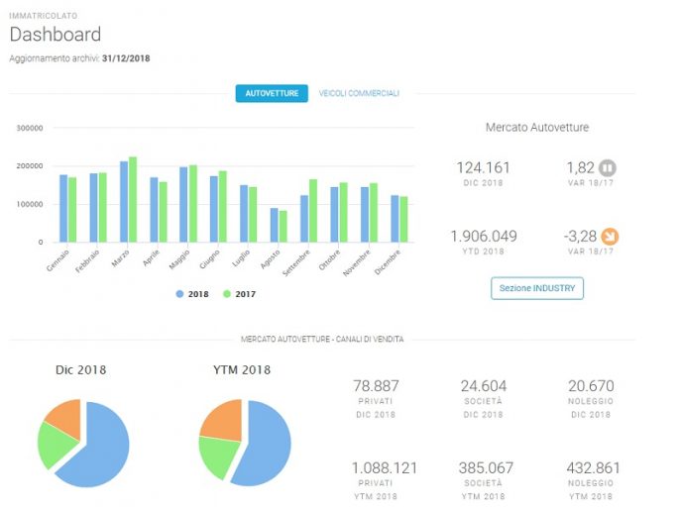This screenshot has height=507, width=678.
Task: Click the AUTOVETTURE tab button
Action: (x=272, y=93)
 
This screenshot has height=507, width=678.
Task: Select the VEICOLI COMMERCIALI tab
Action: (x=359, y=93)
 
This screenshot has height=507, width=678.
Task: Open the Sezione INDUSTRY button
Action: (x=537, y=288)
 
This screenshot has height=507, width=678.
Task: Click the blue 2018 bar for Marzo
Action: (x=124, y=202)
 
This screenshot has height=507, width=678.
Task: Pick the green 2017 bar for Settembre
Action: (x=313, y=211)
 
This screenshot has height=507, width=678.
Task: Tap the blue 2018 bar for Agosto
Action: (x=275, y=225)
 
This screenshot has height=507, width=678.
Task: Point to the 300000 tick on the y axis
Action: (x=30, y=128)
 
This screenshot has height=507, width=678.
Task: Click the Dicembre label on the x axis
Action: (x=387, y=262)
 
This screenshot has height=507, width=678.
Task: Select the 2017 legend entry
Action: (x=239, y=294)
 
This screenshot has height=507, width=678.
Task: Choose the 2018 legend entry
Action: (x=192, y=294)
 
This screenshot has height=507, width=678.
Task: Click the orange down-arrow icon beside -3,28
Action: (x=611, y=237)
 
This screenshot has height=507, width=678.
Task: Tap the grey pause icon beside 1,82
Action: (x=607, y=167)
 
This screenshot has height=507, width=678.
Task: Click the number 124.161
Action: (x=483, y=167)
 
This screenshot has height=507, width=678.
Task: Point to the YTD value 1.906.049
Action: (x=484, y=237)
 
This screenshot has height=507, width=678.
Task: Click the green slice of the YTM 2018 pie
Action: (x=217, y=456)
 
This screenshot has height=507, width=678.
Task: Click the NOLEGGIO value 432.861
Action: (x=593, y=467)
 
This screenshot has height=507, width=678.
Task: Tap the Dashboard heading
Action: (x=56, y=34)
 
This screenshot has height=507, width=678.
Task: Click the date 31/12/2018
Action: (x=126, y=58)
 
